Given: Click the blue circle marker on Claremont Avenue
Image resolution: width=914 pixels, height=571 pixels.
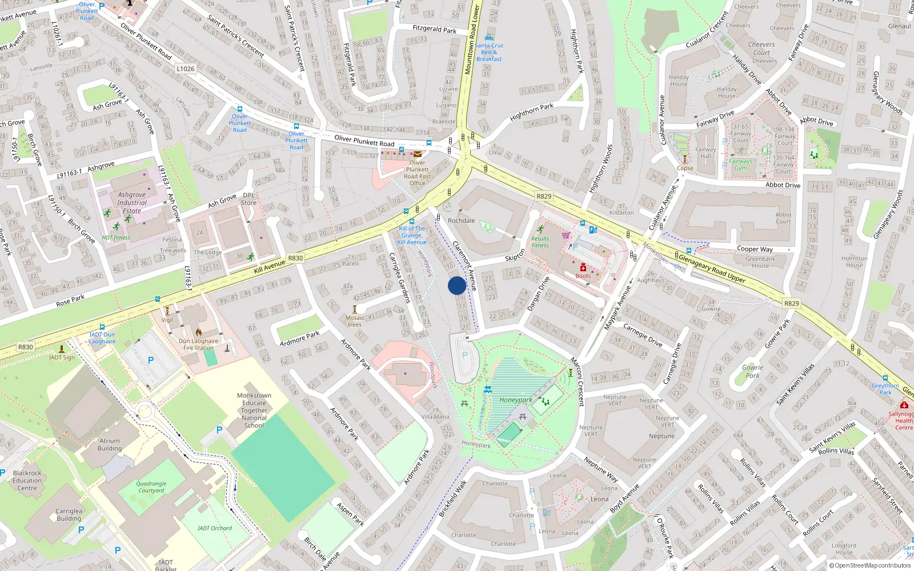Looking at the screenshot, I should click(457, 285).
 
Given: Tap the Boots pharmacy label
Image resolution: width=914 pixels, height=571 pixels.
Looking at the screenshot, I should click(583, 276).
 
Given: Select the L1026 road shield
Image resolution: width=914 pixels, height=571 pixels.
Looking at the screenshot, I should click(185, 69).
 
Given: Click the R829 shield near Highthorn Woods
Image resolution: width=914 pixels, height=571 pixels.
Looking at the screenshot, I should click(544, 196).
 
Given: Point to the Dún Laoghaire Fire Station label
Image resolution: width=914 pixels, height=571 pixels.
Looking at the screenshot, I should click(198, 344).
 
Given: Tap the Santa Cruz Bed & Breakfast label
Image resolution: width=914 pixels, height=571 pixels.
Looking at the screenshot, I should click(489, 52).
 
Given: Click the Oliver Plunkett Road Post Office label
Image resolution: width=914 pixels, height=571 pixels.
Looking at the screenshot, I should click(418, 172).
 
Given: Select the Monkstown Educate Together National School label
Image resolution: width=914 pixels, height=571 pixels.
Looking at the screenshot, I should click(254, 410).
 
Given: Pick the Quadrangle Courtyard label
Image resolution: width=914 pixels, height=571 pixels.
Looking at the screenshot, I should click(151, 486).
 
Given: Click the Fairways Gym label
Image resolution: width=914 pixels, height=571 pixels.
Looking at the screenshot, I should click(740, 164).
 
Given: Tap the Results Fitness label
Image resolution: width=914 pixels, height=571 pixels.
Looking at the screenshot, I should click(540, 242).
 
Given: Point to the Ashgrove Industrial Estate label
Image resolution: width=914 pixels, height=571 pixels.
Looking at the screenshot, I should click(132, 203).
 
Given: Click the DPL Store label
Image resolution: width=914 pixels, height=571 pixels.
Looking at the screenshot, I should click(248, 199).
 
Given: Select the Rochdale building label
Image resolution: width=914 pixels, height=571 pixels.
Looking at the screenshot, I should click(461, 220).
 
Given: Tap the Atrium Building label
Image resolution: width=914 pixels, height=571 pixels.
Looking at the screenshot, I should click(110, 444).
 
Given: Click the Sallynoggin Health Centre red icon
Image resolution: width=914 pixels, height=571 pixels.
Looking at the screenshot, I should click(904, 405).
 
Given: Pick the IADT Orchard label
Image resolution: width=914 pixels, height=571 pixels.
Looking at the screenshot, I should click(215, 528).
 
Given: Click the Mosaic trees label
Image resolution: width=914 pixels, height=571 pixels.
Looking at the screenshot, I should click(355, 321).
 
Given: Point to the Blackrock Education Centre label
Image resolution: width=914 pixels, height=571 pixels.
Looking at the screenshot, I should click(27, 480).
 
